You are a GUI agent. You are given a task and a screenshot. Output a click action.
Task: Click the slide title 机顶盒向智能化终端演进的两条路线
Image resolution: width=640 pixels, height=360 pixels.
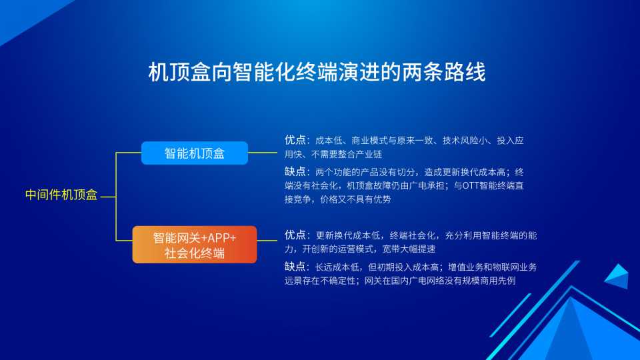[317, 72]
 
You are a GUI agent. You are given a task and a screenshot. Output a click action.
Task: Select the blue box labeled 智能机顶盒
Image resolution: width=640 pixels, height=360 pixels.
[194, 153]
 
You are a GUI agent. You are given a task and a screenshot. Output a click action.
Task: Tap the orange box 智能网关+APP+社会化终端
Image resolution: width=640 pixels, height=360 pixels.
[194, 245]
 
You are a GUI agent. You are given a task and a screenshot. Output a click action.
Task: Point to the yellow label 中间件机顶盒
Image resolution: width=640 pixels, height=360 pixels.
[61, 195]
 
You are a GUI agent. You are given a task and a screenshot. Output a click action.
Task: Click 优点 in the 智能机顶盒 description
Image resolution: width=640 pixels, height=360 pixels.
[295, 140]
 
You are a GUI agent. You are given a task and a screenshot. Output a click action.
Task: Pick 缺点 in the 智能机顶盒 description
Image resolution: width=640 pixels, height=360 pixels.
[295, 171]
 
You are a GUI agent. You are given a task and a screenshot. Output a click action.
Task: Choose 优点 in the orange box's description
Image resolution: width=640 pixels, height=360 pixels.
[295, 235]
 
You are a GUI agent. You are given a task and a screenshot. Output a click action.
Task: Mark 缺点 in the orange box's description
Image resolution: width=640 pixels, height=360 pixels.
[295, 267]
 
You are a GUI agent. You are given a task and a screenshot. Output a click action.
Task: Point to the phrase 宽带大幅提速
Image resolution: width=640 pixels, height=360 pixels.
[409, 249]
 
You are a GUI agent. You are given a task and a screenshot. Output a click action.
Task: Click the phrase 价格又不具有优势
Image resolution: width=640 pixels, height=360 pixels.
[355, 199]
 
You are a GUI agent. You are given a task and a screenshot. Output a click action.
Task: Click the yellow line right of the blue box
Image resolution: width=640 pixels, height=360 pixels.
[263, 153]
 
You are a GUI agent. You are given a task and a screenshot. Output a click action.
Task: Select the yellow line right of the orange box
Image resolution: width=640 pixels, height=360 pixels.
[267, 241]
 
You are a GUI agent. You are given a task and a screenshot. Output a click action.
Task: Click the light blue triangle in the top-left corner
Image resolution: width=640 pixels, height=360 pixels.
[25, 14]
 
